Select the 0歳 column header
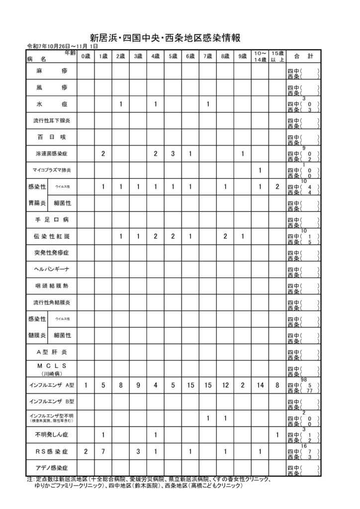click(x=85, y=57)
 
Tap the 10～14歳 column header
click(x=260, y=57)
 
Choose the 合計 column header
click(x=303, y=57)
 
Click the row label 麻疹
click(x=51, y=72)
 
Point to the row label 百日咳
click(x=51, y=137)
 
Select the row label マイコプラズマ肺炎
click(x=51, y=170)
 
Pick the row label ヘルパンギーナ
click(x=51, y=269)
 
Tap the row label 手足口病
click(x=51, y=219)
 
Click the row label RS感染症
click(x=51, y=451)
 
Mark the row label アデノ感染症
click(x=51, y=468)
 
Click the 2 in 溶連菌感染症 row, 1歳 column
click(x=103, y=154)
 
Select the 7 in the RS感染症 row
click(x=103, y=451)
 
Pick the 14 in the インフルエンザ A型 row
click(x=260, y=385)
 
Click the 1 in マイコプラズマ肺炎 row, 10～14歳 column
click(x=260, y=170)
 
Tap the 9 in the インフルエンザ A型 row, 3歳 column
click(x=138, y=385)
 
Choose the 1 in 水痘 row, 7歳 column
click(x=207, y=104)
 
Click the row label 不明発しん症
click(x=51, y=435)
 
